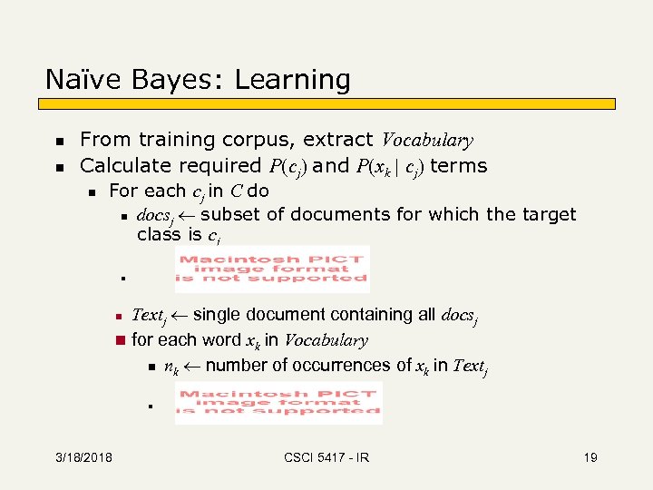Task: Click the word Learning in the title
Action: point(292,82)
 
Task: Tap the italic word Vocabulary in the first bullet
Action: point(427,141)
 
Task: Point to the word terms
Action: point(459,166)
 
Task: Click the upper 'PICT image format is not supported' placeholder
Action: point(272,269)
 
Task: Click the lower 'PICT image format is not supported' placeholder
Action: point(278,402)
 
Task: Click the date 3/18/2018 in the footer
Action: point(83,457)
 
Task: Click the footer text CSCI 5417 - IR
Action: point(326,457)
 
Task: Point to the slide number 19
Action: point(590,457)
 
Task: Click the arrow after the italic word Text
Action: point(179,316)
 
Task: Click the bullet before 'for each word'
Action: point(118,341)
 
